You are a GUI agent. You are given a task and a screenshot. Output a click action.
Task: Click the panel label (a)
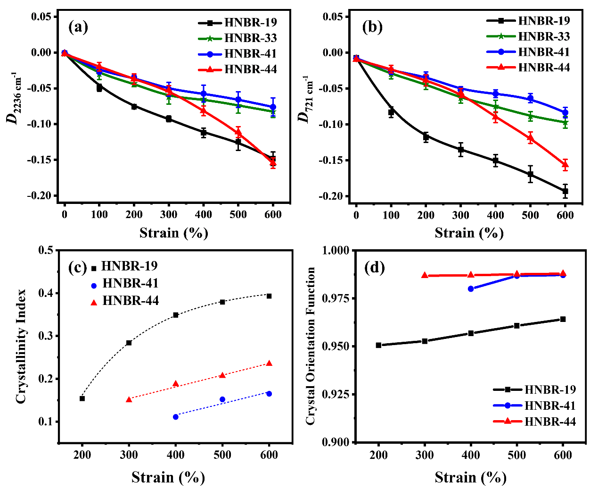click(78, 27)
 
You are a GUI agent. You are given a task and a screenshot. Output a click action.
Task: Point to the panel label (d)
click(375, 268)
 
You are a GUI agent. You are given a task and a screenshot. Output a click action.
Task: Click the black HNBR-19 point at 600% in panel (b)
click(565, 191)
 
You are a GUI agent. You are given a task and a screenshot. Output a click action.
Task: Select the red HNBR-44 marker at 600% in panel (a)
click(273, 163)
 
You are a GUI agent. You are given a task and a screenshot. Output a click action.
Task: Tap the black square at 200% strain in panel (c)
click(82, 398)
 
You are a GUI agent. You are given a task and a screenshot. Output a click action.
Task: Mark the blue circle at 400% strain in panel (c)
click(176, 417)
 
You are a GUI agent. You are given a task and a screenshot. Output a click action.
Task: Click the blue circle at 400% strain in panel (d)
click(471, 288)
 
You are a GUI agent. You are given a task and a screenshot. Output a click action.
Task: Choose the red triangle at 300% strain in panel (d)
click(425, 275)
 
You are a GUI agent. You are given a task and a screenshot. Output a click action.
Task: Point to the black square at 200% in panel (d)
click(378, 345)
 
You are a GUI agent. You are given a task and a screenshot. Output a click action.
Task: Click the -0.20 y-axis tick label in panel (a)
click(41, 196)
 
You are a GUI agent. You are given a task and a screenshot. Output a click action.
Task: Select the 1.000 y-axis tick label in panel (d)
click(336, 250)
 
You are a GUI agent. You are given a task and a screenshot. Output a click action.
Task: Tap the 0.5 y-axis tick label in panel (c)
click(46, 250)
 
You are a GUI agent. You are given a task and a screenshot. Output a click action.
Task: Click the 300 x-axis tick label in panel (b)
click(460, 215)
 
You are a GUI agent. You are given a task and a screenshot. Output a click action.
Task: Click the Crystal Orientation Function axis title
click(311, 346)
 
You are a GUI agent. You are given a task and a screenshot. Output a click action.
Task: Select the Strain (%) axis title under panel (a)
click(173, 233)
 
